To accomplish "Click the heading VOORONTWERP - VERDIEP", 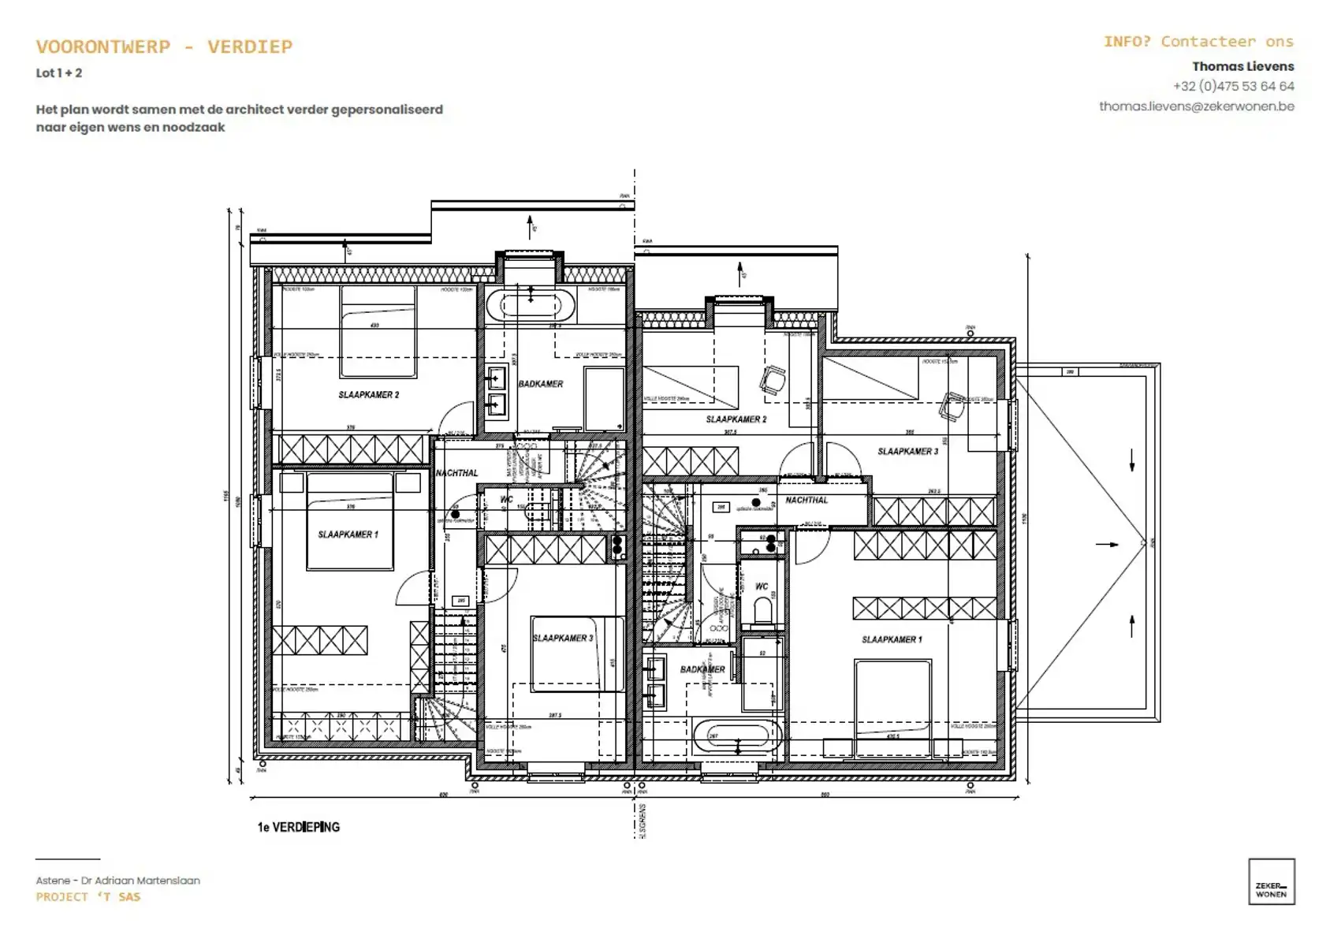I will (164, 47).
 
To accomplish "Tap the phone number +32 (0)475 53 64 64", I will (1233, 86).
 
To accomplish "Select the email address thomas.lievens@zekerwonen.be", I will (1196, 106).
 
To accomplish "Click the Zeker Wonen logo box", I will (1271, 881).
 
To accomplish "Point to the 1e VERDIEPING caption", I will (298, 827).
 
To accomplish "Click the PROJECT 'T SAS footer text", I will (88, 897).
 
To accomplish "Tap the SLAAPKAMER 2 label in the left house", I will (369, 394).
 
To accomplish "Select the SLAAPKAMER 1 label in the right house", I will (892, 639).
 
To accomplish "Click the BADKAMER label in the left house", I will (541, 384).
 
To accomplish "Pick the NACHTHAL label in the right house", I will (806, 500).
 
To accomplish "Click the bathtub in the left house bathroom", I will (530, 305).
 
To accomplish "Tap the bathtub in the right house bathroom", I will (734, 736).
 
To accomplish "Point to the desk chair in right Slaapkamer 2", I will (773, 380).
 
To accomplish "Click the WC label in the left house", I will (506, 499).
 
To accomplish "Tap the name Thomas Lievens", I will (1242, 66).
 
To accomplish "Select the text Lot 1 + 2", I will (59, 73).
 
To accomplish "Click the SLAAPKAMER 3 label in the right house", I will (907, 452).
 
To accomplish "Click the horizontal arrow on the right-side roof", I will (1108, 544).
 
